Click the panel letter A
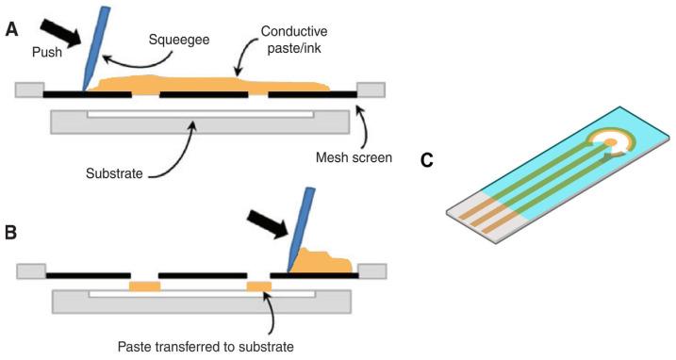click(x=11, y=29)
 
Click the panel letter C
click(x=427, y=161)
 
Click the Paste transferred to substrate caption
click(x=206, y=346)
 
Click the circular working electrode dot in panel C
click(x=610, y=143)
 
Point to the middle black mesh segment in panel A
click(x=203, y=95)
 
